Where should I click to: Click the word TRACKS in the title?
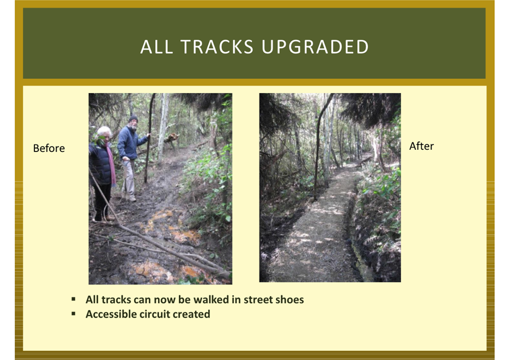click(217, 47)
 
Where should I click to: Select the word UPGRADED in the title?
click(315, 47)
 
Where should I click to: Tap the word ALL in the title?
click(156, 47)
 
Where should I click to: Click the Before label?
click(49, 148)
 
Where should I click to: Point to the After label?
click(421, 147)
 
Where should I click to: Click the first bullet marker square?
click(74, 299)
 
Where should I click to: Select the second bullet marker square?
click(74, 314)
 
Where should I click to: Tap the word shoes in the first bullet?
click(289, 300)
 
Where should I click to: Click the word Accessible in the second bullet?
click(111, 314)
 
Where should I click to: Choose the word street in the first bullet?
click(258, 300)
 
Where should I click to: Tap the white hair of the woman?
click(104, 131)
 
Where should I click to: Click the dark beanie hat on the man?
click(133, 119)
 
